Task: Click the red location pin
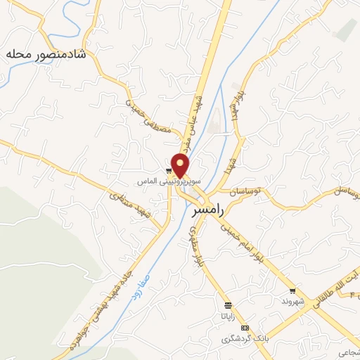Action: pyautogui.click(x=181, y=164)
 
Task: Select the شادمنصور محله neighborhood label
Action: pyautogui.click(x=45, y=54)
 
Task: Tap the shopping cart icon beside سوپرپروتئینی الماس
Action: pyautogui.click(x=169, y=170)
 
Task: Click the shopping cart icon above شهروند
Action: pyautogui.click(x=292, y=290)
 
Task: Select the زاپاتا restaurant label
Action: pyautogui.click(x=227, y=316)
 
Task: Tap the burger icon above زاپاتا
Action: pyautogui.click(x=227, y=305)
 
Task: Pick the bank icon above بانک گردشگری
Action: pyautogui.click(x=245, y=328)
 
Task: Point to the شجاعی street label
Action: pyautogui.click(x=349, y=352)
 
